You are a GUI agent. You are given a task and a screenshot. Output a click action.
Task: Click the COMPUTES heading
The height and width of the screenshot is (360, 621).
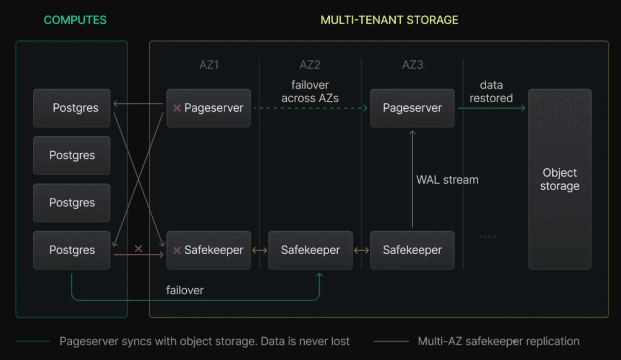(x=75, y=20)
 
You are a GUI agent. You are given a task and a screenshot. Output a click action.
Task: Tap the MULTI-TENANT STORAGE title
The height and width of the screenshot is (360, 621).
(x=389, y=20)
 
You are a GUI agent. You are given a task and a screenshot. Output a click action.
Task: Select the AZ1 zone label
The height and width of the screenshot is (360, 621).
(x=209, y=65)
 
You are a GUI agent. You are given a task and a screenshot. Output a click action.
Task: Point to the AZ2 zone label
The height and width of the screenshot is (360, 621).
(x=310, y=65)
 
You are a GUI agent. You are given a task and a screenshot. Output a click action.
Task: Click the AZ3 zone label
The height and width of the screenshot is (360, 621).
(x=412, y=65)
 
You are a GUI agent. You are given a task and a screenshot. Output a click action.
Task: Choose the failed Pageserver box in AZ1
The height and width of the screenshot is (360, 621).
(x=209, y=108)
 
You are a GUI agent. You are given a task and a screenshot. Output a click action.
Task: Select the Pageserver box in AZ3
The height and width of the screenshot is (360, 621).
(x=412, y=108)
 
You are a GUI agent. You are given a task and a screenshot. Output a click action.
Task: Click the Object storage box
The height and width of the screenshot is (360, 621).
(x=560, y=179)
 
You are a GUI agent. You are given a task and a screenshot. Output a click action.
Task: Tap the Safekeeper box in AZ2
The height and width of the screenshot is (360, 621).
(x=310, y=250)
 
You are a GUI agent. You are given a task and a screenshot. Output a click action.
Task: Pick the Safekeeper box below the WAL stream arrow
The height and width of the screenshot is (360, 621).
(x=412, y=250)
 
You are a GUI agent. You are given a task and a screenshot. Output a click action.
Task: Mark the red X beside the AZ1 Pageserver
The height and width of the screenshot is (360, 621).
(x=177, y=108)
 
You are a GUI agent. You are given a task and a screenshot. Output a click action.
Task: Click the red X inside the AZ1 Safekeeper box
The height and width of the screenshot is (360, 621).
(x=177, y=250)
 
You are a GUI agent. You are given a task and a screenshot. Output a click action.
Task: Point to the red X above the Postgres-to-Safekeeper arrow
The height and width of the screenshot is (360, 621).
(x=138, y=248)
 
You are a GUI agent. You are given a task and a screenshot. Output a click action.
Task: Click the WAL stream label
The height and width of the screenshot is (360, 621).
(x=447, y=180)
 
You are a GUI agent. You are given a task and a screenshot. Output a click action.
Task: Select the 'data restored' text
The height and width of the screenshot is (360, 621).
(x=491, y=91)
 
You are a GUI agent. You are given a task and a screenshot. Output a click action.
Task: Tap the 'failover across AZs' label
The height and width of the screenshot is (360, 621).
(x=310, y=91)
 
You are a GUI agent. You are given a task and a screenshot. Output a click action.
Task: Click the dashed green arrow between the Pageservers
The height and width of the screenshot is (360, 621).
(x=310, y=108)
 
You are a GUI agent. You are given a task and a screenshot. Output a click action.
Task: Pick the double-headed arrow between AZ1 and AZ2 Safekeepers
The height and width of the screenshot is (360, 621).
(x=259, y=250)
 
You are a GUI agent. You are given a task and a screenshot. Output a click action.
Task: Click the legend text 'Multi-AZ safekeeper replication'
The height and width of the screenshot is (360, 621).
(x=498, y=341)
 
